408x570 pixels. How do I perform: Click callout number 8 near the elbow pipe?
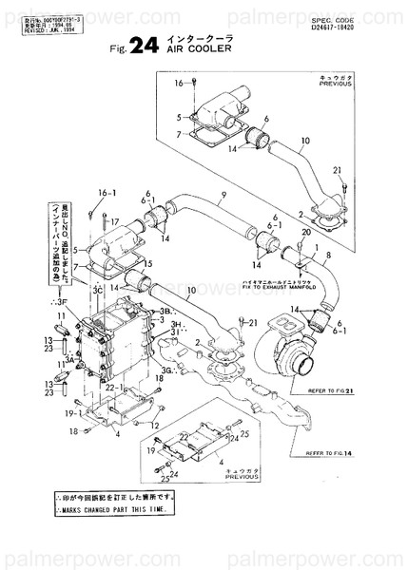[327, 256]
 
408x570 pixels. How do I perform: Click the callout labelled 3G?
[167, 370]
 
